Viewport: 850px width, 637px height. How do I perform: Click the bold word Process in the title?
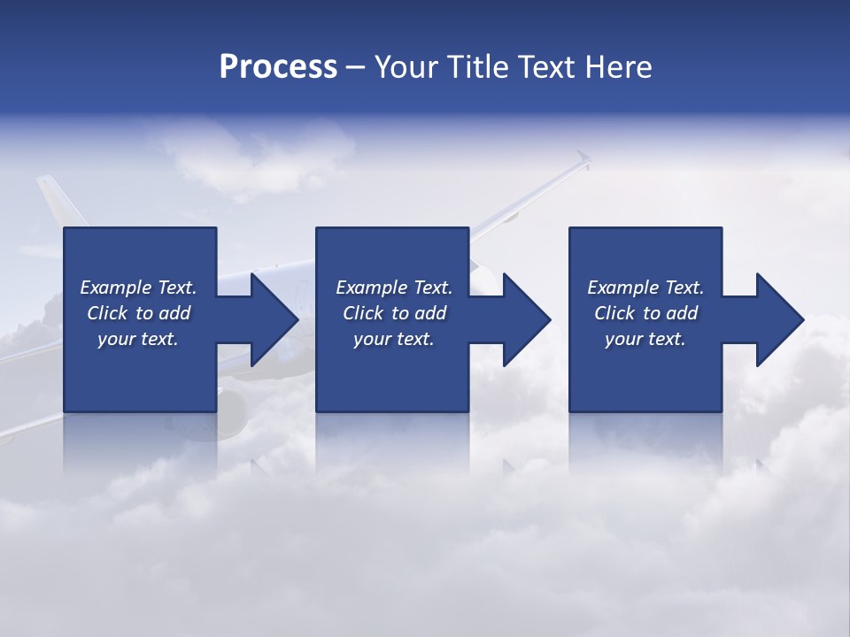278,67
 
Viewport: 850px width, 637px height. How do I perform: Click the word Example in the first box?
115,288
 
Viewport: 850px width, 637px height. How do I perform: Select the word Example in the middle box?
371,288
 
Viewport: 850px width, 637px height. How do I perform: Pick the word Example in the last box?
622,288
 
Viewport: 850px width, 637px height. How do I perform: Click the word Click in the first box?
107,313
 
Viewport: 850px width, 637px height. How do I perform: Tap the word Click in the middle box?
363,313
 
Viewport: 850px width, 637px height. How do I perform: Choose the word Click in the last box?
614,313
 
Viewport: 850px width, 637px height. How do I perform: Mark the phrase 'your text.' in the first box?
138,339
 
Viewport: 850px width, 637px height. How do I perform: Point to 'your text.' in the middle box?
394,339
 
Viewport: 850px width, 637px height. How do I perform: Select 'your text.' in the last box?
645,339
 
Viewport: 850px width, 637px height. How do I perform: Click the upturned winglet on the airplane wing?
583,161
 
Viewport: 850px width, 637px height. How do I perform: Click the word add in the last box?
683,313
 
